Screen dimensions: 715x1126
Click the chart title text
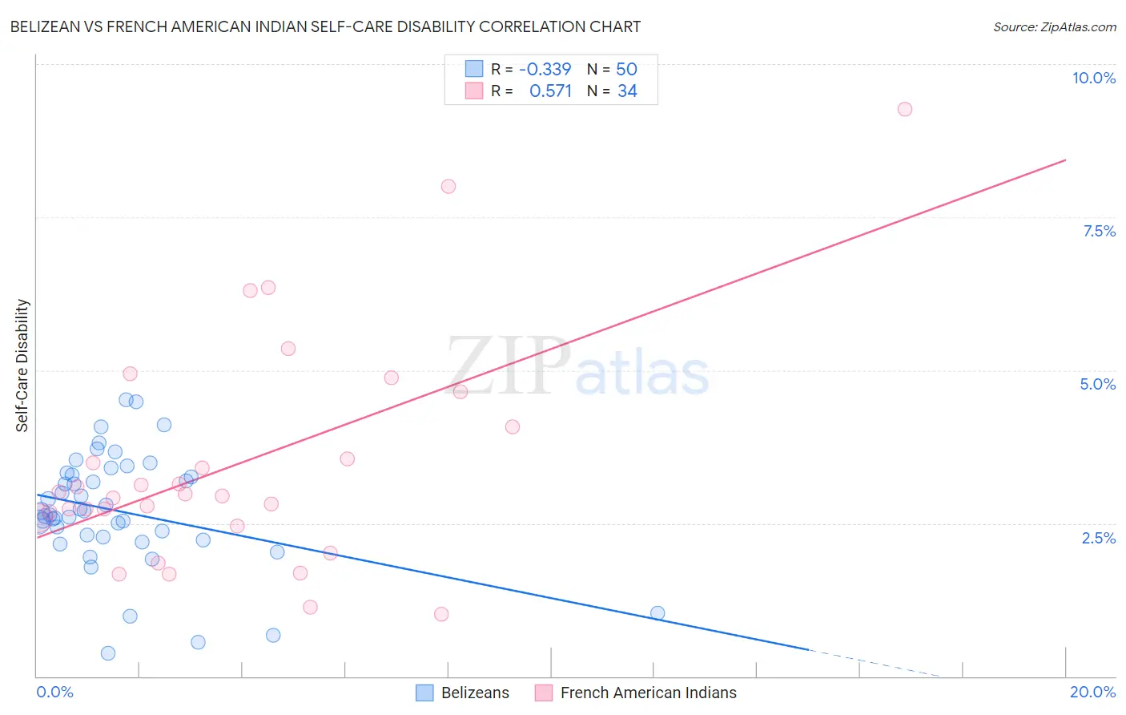click(325, 26)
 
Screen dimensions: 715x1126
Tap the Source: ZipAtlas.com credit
click(1054, 26)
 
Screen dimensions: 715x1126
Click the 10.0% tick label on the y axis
click(1093, 78)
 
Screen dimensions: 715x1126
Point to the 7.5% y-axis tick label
click(1099, 231)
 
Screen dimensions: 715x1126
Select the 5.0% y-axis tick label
click(1097, 384)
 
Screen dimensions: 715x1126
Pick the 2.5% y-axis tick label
click(1098, 538)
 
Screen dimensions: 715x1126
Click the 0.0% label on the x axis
click(54, 692)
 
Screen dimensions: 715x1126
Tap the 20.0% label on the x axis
click(1092, 692)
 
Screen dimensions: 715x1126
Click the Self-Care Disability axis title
click(22, 366)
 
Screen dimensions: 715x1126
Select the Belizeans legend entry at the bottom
click(474, 693)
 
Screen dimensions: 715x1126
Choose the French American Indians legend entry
click(647, 693)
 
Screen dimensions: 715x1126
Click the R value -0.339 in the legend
click(545, 69)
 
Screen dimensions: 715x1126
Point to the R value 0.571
click(550, 91)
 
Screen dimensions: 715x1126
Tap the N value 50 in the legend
click(626, 69)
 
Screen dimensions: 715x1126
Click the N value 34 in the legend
click(627, 91)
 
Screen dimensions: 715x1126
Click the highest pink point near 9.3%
click(904, 109)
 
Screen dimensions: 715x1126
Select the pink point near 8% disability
click(448, 186)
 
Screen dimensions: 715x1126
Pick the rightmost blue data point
click(658, 613)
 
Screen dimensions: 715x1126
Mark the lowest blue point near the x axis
click(108, 653)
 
